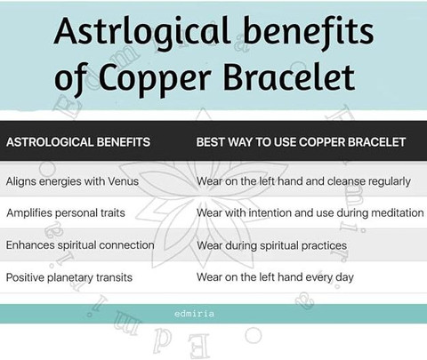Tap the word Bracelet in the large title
289,76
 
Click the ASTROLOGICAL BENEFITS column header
78,142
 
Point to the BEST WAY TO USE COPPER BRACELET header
301,142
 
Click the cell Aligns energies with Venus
72,181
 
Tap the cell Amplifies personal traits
66,213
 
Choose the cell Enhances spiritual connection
80,245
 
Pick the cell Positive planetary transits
69,277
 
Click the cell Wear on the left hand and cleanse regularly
303,181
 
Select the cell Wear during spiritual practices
271,245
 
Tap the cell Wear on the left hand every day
275,277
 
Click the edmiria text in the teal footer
194,314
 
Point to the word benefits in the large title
309,32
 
